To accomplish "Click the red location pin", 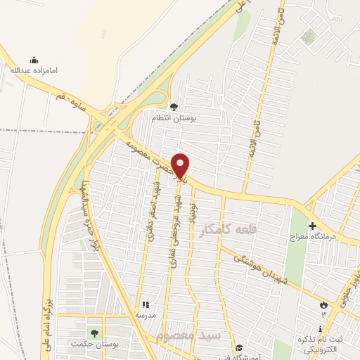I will pyautogui.click(x=181, y=165).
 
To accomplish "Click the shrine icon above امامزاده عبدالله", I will pyautogui.click(x=32, y=60).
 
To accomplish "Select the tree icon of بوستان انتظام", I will pyautogui.click(x=174, y=107).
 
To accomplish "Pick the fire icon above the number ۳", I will pyautogui.click(x=323, y=304).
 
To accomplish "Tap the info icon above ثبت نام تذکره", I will pyautogui.click(x=321, y=328).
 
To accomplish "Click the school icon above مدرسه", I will pyautogui.click(x=146, y=304).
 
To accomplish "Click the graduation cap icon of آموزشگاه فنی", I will pyautogui.click(x=239, y=347).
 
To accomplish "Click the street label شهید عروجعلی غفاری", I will pyautogui.click(x=174, y=236).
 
